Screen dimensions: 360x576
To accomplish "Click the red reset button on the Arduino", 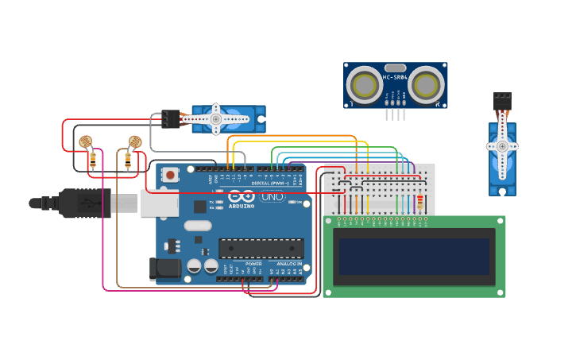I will (170, 174).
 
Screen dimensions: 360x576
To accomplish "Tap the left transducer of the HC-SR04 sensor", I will (365, 83).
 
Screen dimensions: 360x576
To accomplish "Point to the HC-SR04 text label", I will (395, 77).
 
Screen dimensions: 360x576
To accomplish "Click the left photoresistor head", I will (85, 141).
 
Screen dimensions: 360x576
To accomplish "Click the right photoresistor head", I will (135, 141).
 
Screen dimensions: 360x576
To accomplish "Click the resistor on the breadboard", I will (419, 203).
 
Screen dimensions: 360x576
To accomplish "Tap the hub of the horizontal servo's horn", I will (215, 119).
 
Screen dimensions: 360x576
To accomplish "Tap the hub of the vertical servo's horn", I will (502, 146).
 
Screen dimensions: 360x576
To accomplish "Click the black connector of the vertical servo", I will (502, 102).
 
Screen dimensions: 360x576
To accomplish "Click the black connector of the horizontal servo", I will (170, 118).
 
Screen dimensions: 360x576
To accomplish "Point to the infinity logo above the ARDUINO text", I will (242, 196).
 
